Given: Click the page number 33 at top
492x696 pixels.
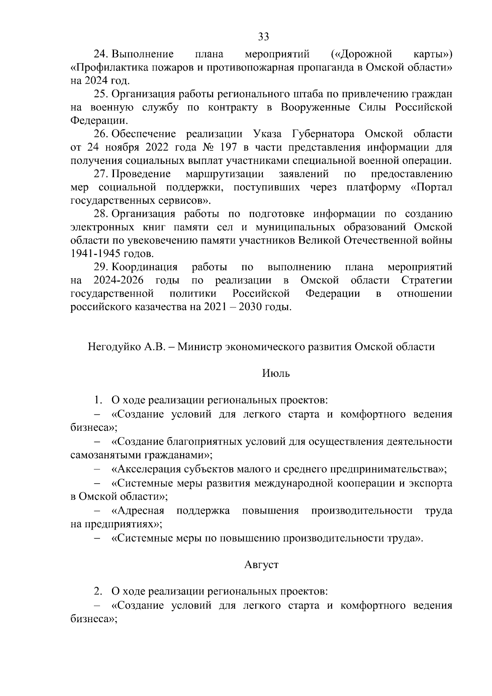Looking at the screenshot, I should [264, 37].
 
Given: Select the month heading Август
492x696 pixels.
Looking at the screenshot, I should [261, 565].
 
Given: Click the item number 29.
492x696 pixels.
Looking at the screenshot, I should [101, 268].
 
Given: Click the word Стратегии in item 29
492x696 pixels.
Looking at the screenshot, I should [426, 281].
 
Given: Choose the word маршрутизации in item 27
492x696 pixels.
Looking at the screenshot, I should [224, 174].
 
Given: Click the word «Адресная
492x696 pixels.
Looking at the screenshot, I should [138, 511].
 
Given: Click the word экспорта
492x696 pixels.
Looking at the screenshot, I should [430, 483].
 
